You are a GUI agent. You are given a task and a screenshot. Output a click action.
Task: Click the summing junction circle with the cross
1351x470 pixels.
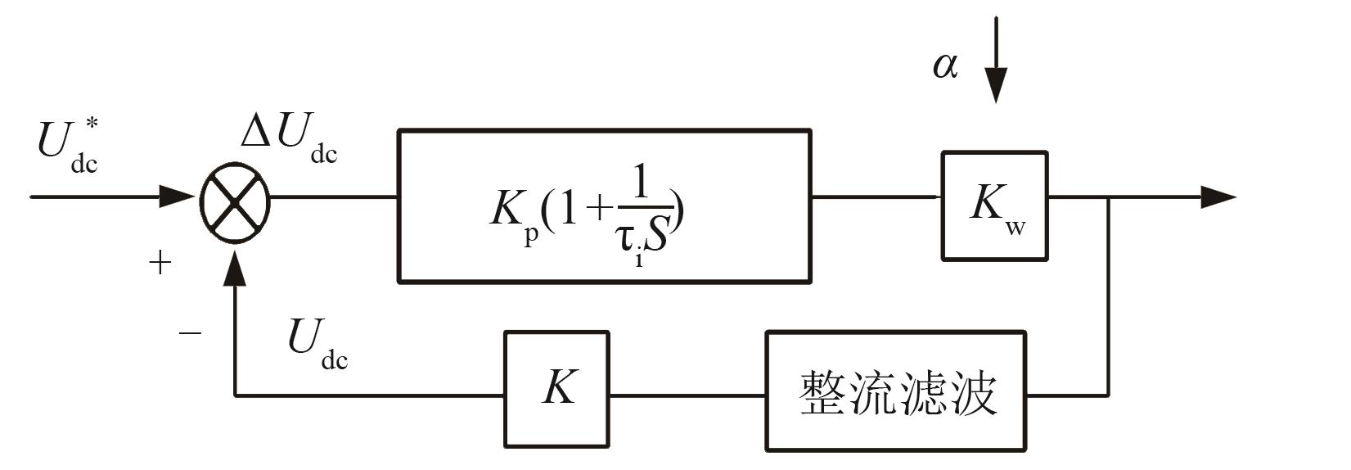pyautogui.click(x=235, y=197)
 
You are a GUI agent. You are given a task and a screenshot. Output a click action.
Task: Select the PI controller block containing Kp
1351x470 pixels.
pyautogui.click(x=604, y=206)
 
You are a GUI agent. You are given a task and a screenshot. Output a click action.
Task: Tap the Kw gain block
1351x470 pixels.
pyautogui.click(x=994, y=206)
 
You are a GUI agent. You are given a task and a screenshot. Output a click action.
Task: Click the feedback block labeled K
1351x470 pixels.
pyautogui.click(x=556, y=389)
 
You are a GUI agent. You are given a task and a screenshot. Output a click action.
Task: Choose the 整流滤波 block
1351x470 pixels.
pyautogui.click(x=896, y=391)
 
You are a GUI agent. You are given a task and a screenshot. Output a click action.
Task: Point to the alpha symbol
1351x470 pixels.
pyautogui.click(x=945, y=66)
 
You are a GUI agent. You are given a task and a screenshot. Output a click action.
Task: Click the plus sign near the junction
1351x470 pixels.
pyautogui.click(x=160, y=263)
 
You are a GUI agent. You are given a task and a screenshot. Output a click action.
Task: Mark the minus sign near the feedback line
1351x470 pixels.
pyautogui.click(x=189, y=333)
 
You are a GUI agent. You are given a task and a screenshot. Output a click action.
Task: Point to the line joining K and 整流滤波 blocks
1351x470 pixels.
pyautogui.click(x=687, y=396)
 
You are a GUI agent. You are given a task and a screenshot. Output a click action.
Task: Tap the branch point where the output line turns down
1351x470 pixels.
pyautogui.click(x=1108, y=197)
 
